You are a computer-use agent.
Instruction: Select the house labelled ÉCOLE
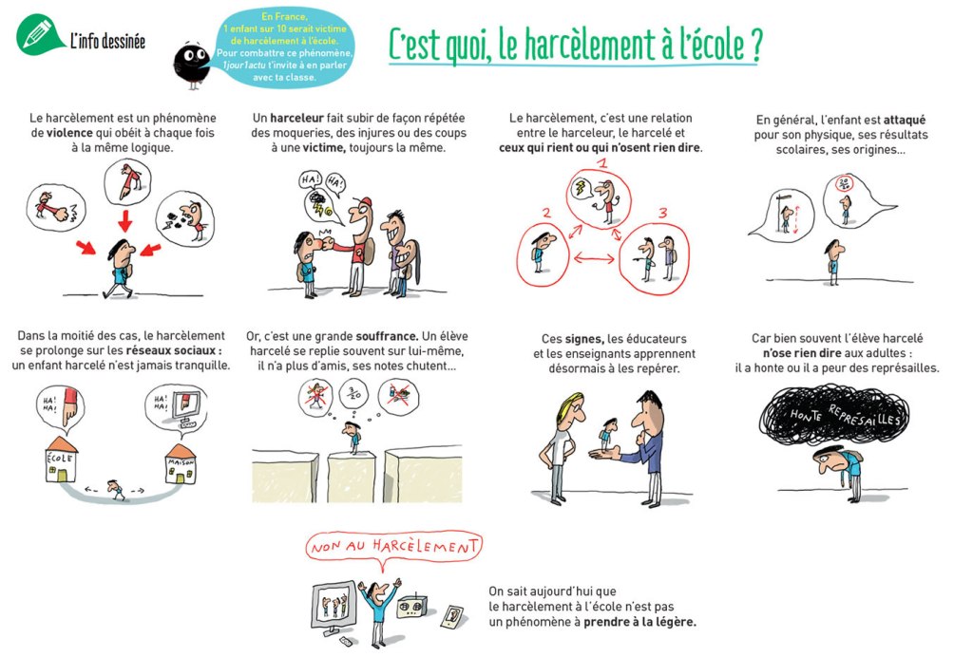click(x=61, y=459)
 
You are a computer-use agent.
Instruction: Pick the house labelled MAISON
click(x=181, y=464)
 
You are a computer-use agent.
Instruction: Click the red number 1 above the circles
click(x=601, y=164)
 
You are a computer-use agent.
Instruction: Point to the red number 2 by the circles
click(x=546, y=214)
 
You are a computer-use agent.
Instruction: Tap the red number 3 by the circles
click(x=662, y=214)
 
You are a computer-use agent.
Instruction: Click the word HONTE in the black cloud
click(x=806, y=415)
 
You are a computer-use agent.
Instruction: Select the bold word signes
click(x=584, y=339)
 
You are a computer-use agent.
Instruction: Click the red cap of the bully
click(x=365, y=202)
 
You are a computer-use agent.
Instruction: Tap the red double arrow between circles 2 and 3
click(x=594, y=258)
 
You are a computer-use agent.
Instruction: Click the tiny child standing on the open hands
click(x=609, y=433)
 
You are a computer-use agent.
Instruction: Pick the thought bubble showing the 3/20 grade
click(x=353, y=394)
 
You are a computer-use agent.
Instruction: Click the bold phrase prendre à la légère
click(x=639, y=622)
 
